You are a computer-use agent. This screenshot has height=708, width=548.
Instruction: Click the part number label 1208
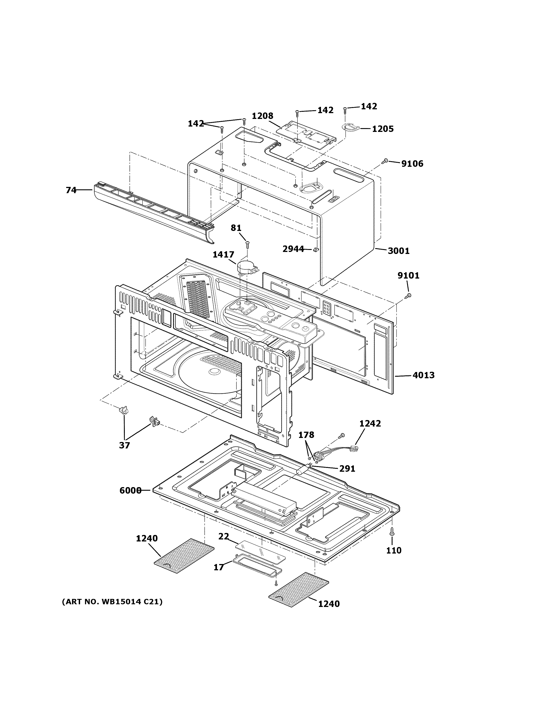tap(262, 116)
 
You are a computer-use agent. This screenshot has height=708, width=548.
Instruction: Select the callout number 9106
tap(412, 164)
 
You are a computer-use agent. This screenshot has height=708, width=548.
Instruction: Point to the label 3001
tap(399, 251)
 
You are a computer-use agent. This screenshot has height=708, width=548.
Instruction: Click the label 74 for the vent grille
tap(71, 190)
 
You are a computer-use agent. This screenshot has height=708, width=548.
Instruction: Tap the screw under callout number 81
tap(247, 243)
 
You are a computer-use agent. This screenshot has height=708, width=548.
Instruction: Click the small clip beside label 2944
tap(315, 250)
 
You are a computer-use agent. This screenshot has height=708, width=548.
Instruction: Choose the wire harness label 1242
tap(370, 424)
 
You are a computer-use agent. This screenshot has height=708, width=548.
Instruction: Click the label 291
tap(347, 469)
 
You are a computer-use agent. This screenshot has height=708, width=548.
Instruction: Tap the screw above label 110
tap(392, 540)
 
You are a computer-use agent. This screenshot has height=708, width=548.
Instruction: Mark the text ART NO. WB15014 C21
tap(112, 602)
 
